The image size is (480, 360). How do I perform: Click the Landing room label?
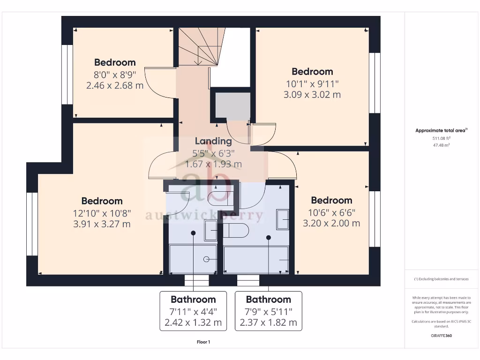[213, 141]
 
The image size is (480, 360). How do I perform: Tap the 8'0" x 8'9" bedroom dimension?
[115, 74]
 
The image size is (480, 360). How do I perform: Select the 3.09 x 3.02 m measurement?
[312, 95]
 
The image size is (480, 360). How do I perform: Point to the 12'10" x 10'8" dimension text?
[102, 213]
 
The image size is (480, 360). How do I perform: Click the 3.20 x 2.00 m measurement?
[331, 224]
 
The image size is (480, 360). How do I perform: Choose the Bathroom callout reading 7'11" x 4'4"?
[193, 311]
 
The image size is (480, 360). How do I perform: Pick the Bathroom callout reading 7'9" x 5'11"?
[269, 311]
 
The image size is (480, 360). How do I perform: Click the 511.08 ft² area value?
[441, 138]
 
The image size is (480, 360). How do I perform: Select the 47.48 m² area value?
[441, 145]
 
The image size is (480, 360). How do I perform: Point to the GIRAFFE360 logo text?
[441, 336]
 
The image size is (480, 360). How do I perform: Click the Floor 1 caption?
[203, 342]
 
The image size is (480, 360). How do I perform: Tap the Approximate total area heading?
[441, 131]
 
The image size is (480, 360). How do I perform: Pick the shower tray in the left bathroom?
[193, 259]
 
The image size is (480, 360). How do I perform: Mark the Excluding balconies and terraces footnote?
[441, 279]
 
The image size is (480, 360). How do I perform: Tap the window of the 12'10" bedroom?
[32, 224]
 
